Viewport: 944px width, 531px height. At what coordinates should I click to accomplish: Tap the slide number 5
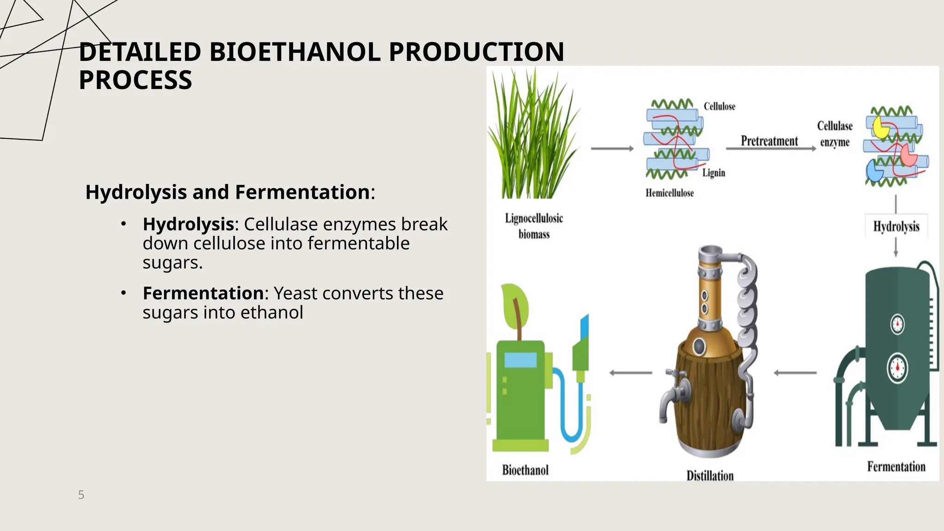[81, 495]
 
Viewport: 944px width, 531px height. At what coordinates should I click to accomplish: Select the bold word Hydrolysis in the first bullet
[188, 224]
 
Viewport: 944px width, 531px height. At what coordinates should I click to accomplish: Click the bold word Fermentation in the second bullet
[203, 293]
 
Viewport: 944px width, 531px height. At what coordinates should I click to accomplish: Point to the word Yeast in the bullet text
[295, 293]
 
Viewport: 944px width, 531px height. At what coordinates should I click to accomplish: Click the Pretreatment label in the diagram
[769, 141]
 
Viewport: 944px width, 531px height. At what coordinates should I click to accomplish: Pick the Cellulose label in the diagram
[719, 106]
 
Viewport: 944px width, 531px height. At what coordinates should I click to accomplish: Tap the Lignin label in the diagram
[714, 173]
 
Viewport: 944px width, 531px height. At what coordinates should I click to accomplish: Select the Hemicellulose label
[669, 193]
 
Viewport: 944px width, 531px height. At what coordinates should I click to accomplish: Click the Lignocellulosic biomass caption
[534, 226]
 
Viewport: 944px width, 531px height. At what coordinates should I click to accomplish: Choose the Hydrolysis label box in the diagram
[896, 226]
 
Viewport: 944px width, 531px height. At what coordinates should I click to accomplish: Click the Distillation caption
[710, 475]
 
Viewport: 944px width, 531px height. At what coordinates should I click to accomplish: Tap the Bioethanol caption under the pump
[525, 470]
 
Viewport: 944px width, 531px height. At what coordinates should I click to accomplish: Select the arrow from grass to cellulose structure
[612, 148]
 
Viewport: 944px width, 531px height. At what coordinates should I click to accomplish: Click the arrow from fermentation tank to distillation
[795, 372]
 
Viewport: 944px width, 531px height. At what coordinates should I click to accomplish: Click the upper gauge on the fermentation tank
[897, 324]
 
